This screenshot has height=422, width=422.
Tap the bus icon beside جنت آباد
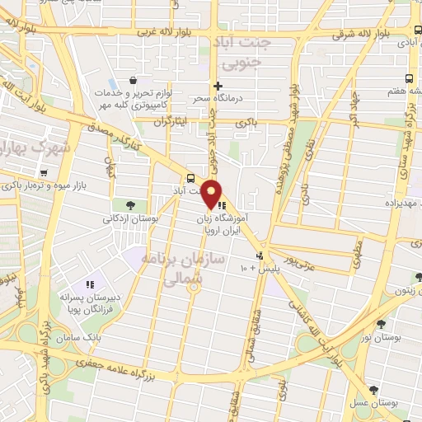click(191, 177)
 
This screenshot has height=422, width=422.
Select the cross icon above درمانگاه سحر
click(218, 86)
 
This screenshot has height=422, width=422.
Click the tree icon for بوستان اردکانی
click(130, 205)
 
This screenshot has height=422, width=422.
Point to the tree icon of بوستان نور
click(381, 324)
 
